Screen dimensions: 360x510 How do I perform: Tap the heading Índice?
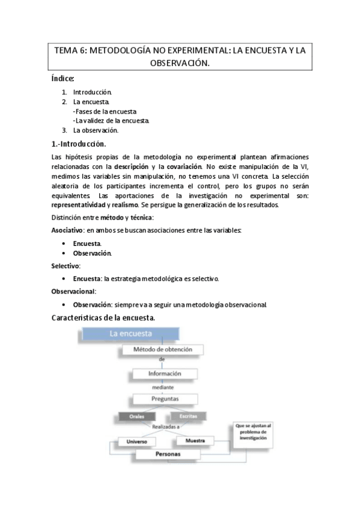tap(63, 79)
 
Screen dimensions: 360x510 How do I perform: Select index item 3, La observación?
tap(96, 130)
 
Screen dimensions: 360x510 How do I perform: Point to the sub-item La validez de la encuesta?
tap(111, 120)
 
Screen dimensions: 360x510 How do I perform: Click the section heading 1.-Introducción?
tap(79, 144)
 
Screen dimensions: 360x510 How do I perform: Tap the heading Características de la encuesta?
tap(105, 317)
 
